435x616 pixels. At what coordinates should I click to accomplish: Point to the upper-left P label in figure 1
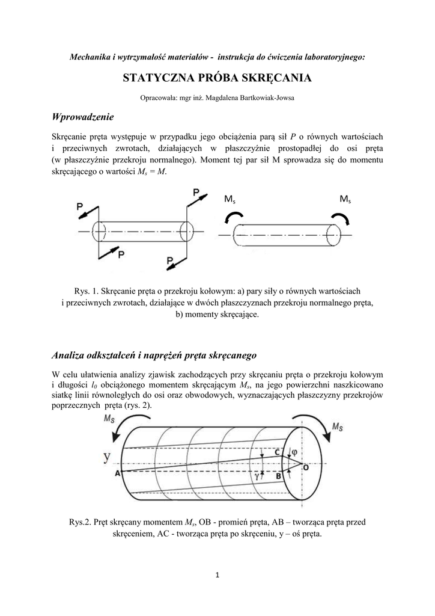click(81, 206)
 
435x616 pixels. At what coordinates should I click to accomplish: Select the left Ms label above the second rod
click(229, 200)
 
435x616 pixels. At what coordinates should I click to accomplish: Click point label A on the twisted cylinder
click(117, 473)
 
